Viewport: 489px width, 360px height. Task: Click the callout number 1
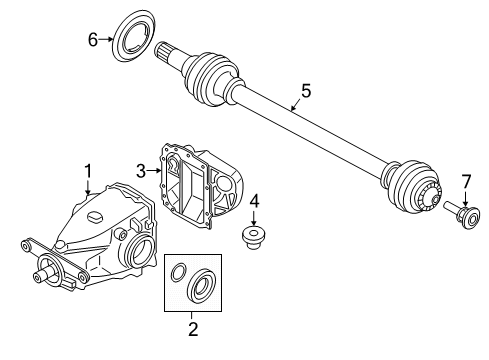coord(87,171)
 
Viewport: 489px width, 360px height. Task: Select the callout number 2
coord(193,325)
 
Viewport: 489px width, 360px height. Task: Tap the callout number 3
coord(142,171)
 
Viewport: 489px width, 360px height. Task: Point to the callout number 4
coord(255,200)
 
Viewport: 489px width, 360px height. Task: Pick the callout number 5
coord(306,90)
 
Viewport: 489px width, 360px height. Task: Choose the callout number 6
coord(92,40)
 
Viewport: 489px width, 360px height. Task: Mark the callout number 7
coord(464,180)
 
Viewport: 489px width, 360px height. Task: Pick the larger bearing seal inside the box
coord(203,287)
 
